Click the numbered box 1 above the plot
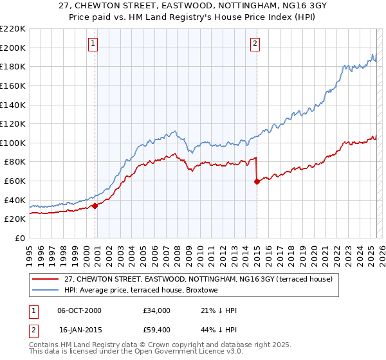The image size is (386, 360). pos(93,44)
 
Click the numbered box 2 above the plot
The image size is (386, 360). pos(255,44)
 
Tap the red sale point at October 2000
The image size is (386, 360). pos(95,206)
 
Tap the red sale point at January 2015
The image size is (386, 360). pos(257,181)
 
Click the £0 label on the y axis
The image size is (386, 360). pos(21,238)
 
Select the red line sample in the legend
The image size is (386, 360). pos(44,279)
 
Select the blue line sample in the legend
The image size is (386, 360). pos(44,291)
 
